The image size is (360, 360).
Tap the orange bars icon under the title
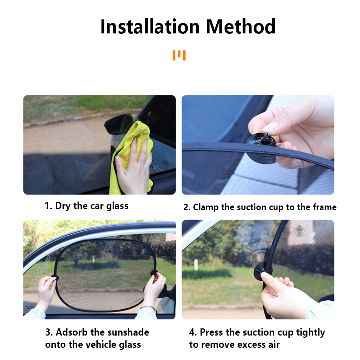pyautogui.click(x=179, y=55)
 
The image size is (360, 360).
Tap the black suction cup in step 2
pyautogui.click(x=261, y=147)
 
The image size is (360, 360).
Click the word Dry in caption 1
pyautogui.click(x=63, y=206)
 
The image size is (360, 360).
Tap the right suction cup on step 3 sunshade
pyautogui.click(x=154, y=273)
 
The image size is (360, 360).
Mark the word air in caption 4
pyautogui.click(x=273, y=345)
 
